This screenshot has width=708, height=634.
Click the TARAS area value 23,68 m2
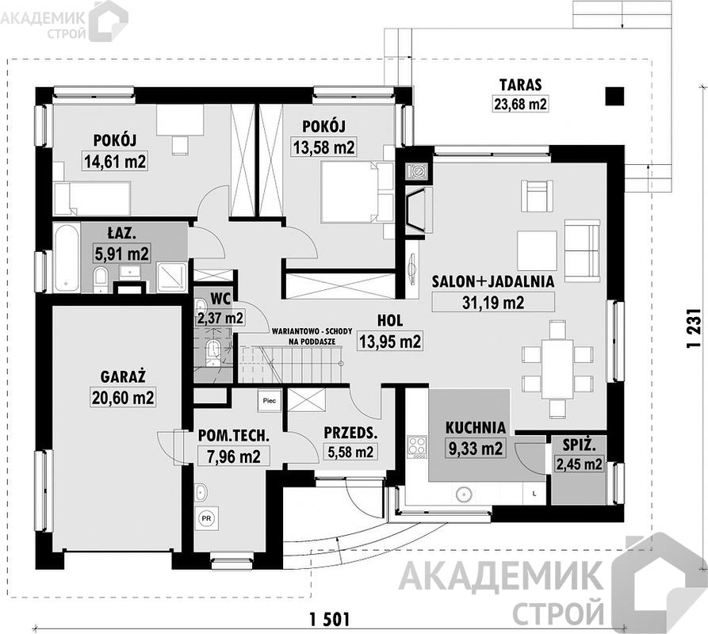tap(519, 105)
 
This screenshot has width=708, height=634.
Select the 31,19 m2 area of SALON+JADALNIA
tap(493, 302)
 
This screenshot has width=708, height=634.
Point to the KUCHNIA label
tap(476, 427)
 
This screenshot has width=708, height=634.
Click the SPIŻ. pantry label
tap(580, 446)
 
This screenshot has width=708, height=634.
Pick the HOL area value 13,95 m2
tap(390, 341)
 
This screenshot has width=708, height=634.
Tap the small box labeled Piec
tap(270, 400)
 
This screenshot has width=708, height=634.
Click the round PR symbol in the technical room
tap(206, 518)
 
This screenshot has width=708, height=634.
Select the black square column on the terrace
tap(615, 96)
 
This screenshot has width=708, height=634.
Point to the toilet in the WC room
tap(212, 353)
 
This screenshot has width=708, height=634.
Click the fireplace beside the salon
tap(418, 210)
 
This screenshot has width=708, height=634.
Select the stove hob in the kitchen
tap(417, 446)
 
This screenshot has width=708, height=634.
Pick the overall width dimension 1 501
tap(330, 619)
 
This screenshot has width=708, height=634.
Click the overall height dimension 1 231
tap(692, 327)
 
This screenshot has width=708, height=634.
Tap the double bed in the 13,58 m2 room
tap(350, 193)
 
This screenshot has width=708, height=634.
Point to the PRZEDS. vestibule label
tap(350, 433)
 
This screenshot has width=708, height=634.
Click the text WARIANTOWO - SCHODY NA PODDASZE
tap(312, 336)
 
